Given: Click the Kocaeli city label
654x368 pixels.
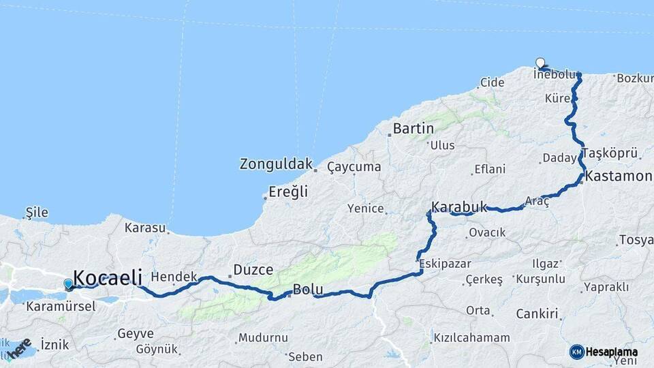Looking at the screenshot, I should tap(108, 277).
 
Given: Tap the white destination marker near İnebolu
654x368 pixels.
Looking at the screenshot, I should tap(540, 63).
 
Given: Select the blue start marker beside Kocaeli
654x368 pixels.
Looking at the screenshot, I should tap(68, 283).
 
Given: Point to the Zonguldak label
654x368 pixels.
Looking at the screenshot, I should tap(276, 164).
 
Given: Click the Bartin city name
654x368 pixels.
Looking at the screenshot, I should tap(414, 128).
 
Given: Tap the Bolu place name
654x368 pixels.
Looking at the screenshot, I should tap(308, 290).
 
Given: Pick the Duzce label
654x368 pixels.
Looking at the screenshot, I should tap(253, 270).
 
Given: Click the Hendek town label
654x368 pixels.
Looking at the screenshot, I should tap(174, 276).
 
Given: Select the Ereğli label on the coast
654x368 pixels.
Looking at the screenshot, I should tap(288, 192).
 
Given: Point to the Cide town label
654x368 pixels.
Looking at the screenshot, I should tap(492, 82).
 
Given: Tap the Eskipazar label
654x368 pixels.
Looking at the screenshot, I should tap(445, 263).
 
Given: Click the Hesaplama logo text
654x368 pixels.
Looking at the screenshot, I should tap(611, 352).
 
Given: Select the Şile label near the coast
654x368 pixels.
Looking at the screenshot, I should tap(37, 212).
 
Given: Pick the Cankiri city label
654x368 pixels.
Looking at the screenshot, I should tap(538, 314).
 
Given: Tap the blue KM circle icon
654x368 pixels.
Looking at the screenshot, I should tap(577, 352).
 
